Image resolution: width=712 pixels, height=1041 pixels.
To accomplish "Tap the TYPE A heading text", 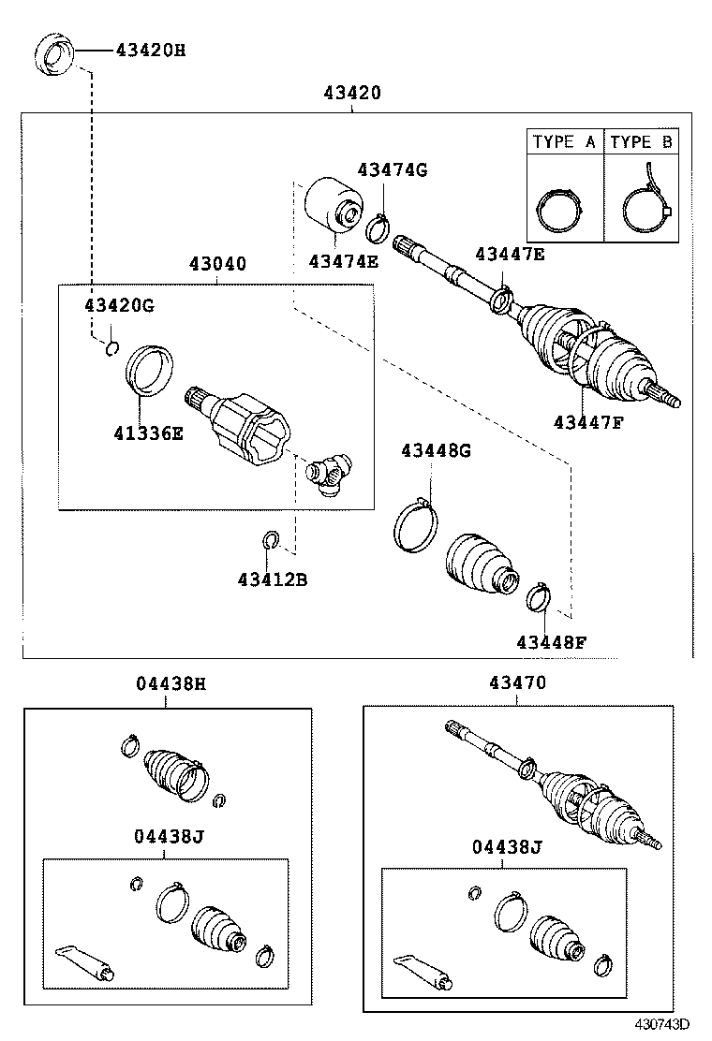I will pos(564,142).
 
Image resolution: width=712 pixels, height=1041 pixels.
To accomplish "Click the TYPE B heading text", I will pos(641,142).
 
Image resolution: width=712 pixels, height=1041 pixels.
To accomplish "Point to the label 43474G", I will pos(392,169).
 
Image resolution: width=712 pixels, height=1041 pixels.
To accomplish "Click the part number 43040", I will pos(217,264).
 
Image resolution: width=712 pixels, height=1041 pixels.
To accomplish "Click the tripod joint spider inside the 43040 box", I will pos(331,470).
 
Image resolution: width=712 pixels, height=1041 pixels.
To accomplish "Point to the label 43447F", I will pos(588,422).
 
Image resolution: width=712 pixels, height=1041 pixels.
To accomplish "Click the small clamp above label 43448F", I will pos(537,596).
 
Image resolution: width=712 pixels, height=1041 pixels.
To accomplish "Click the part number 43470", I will pos(516,684).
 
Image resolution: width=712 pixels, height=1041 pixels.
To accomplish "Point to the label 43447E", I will pos(510,254).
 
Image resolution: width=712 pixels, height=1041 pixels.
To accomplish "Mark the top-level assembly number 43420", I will pos(352,93).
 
